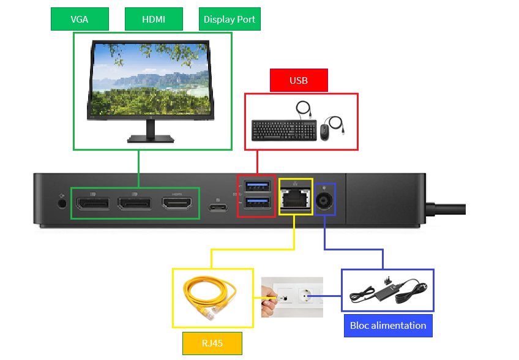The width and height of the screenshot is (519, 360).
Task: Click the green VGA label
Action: (x=80, y=19)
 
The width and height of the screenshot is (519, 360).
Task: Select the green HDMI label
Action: (x=154, y=19)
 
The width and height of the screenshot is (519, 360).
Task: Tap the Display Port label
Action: (x=229, y=19)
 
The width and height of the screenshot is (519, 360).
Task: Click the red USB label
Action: (x=299, y=80)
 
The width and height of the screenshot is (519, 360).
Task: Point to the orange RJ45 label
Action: (x=212, y=343)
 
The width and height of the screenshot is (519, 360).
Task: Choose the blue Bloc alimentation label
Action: (x=388, y=325)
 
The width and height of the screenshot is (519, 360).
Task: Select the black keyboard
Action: (x=284, y=130)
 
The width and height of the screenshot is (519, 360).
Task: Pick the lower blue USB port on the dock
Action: (x=256, y=203)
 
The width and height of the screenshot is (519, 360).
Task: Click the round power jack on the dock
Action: (x=324, y=200)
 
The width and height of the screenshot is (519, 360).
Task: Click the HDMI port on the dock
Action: (x=177, y=202)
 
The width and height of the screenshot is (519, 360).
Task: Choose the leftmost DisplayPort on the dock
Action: (x=92, y=203)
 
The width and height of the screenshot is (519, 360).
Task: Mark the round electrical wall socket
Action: (x=305, y=298)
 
